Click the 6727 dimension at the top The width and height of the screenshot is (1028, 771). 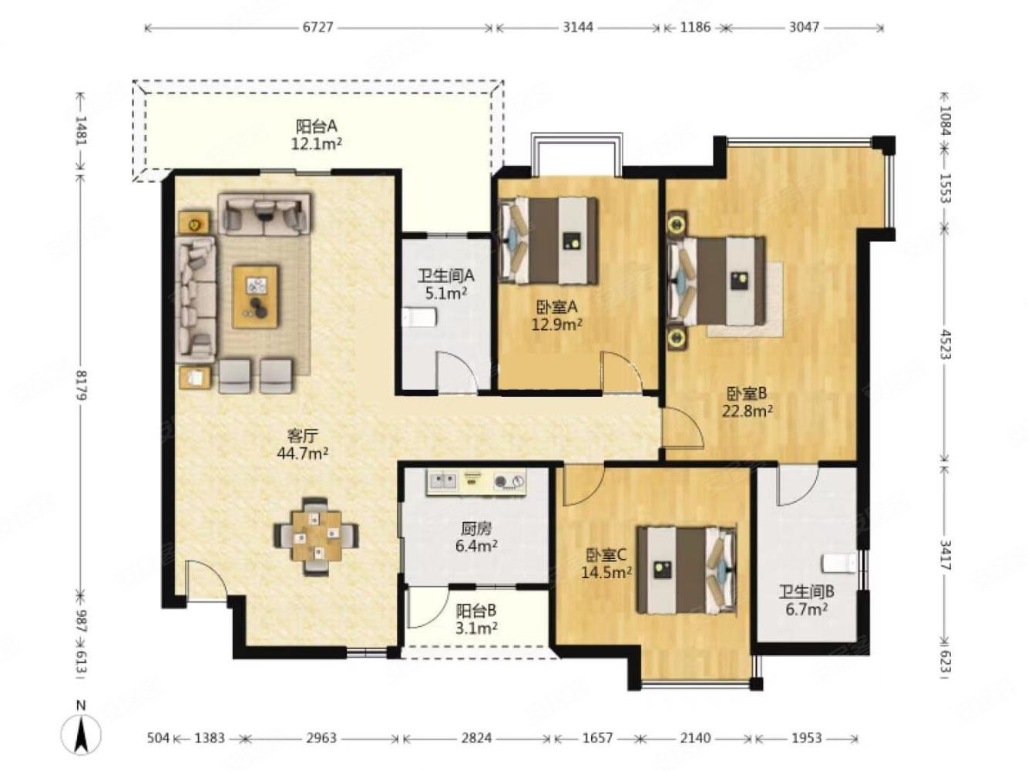pyautogui.click(x=317, y=27)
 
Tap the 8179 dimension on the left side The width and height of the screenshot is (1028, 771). pyautogui.click(x=82, y=385)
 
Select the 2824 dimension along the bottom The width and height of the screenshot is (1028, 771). pyautogui.click(x=476, y=738)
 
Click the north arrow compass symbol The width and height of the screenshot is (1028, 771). pyautogui.click(x=81, y=736)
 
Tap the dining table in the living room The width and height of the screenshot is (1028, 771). pyautogui.click(x=317, y=537)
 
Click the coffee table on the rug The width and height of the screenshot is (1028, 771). pyautogui.click(x=256, y=297)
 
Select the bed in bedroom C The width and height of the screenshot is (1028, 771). pyautogui.click(x=686, y=570)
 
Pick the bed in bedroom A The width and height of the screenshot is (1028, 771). pyautogui.click(x=549, y=241)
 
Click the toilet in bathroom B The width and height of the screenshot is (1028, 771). pyautogui.click(x=841, y=563)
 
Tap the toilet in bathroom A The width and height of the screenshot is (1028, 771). pyautogui.click(x=420, y=318)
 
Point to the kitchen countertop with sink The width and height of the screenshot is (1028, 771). pyautogui.click(x=475, y=483)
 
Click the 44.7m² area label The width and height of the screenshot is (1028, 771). pyautogui.click(x=303, y=453)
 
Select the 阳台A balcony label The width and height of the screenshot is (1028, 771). pyautogui.click(x=316, y=126)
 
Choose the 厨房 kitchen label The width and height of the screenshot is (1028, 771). pyautogui.click(x=476, y=529)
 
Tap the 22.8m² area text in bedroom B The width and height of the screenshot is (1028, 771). pyautogui.click(x=747, y=411)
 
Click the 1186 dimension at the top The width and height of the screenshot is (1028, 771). pyautogui.click(x=695, y=27)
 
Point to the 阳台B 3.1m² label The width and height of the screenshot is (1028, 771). pyautogui.click(x=476, y=619)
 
